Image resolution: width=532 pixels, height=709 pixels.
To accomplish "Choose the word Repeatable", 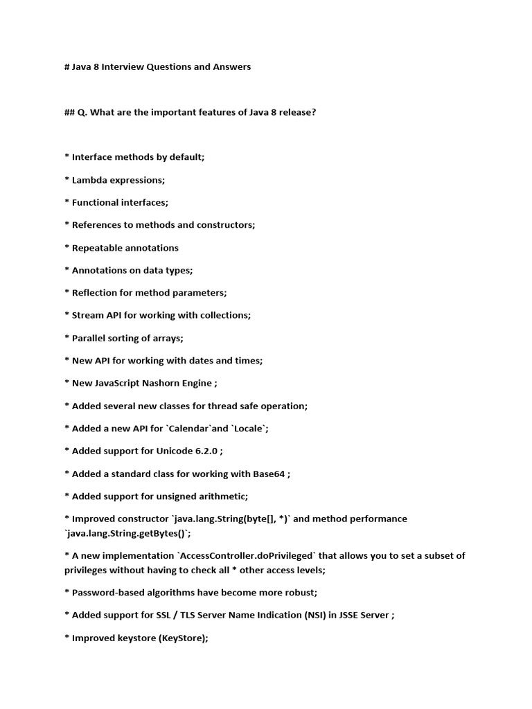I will (x=99, y=248).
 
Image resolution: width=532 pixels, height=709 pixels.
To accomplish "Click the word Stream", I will (x=87, y=315).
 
